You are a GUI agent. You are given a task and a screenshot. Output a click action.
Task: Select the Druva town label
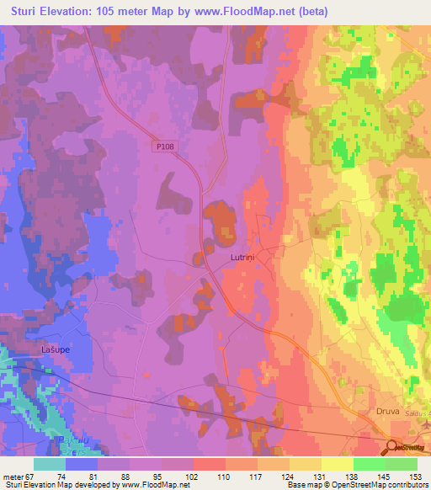(x=386, y=413)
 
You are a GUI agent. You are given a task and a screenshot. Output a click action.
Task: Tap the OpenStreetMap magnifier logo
(x=392, y=448)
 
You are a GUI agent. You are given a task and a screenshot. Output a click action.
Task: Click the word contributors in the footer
(x=404, y=485)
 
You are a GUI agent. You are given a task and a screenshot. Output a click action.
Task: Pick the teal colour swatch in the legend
(x=50, y=464)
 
